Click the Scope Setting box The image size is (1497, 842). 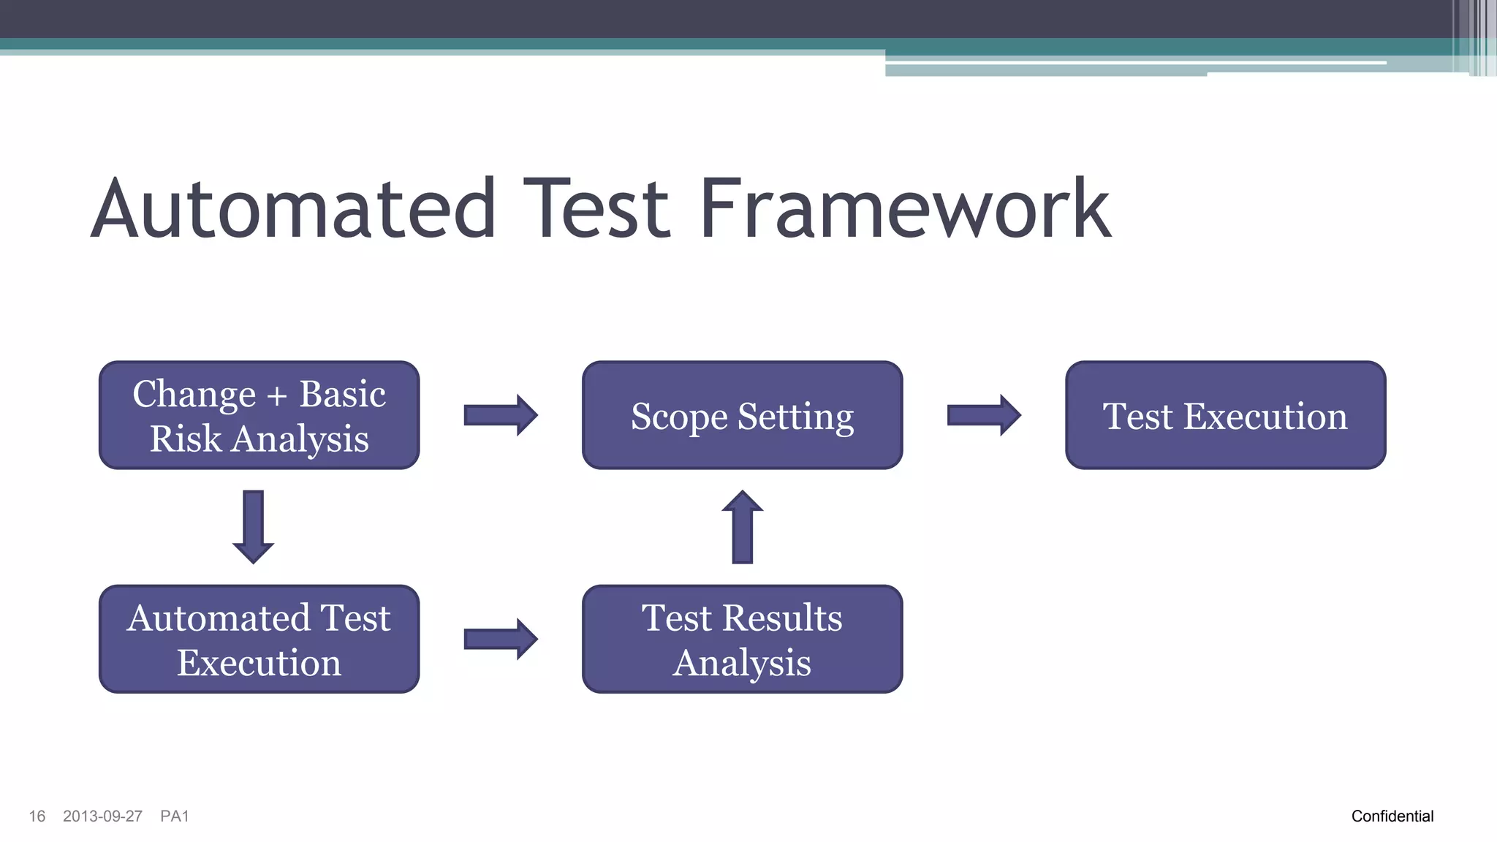click(742, 415)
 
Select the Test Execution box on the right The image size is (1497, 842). click(1225, 415)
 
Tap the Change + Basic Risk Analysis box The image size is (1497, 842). click(259, 415)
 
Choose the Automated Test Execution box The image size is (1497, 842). click(259, 639)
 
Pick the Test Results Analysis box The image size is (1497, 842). click(742, 639)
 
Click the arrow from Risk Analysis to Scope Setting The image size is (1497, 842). click(501, 415)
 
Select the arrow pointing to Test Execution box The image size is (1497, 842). click(984, 415)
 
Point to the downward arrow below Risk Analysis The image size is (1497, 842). click(253, 526)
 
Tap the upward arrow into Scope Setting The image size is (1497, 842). click(742, 526)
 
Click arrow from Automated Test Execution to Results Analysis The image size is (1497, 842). click(501, 639)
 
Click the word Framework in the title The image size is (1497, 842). click(905, 210)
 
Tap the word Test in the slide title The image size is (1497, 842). click(596, 210)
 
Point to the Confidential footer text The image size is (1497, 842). click(1392, 816)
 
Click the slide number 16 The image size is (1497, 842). click(37, 816)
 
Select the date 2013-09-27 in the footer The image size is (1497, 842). click(102, 816)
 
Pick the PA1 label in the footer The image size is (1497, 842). click(175, 816)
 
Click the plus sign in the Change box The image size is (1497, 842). click(277, 396)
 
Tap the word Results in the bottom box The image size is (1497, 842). click(782, 618)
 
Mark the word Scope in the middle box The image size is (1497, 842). click(679, 417)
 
